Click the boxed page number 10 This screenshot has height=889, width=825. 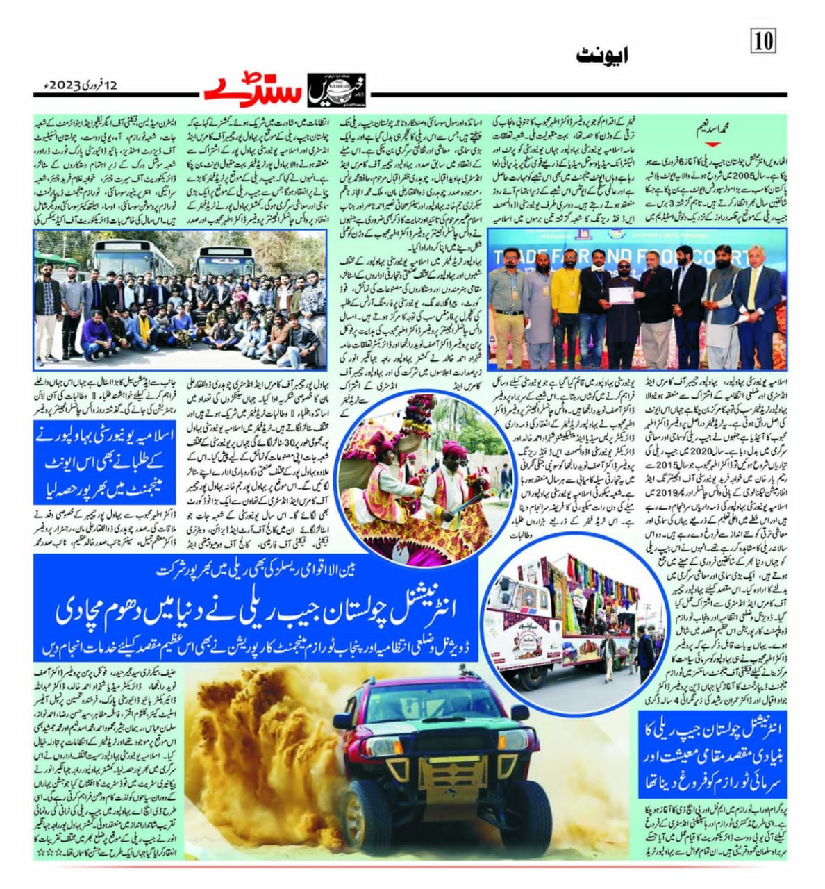763,41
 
